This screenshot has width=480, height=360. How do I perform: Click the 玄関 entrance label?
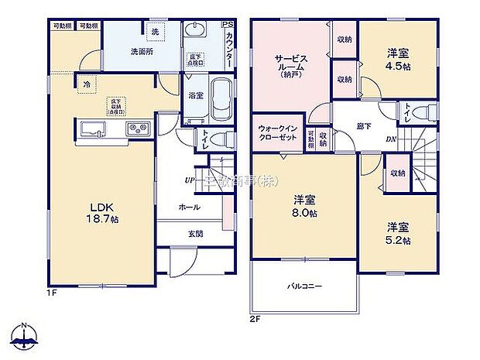tap(194, 235)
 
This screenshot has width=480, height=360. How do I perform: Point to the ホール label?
tap(189, 207)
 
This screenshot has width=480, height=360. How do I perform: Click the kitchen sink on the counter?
tap(91, 129)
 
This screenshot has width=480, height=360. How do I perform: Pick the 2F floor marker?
tap(256, 318)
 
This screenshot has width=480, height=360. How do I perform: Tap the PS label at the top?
tap(227, 26)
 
